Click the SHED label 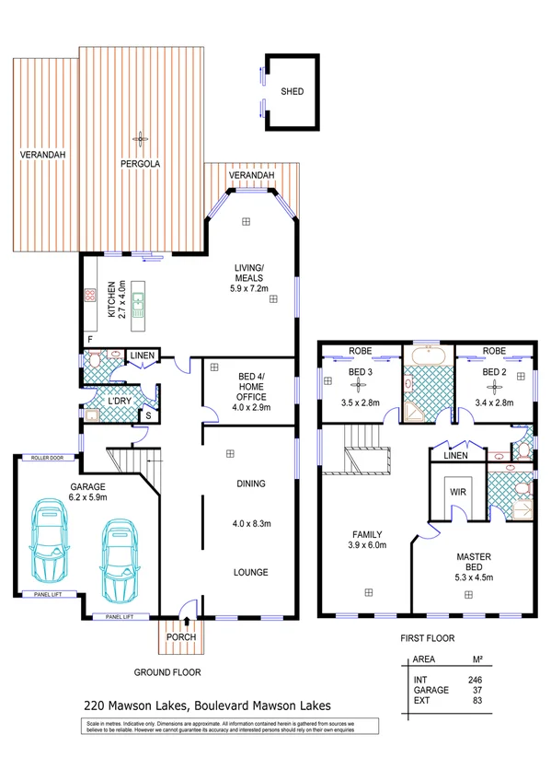(x=293, y=92)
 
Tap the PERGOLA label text (x=141, y=164)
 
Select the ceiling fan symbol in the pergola (x=141, y=139)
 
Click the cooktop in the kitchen (x=91, y=297)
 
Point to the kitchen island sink (x=138, y=300)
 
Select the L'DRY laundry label (x=120, y=403)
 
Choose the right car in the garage (x=118, y=558)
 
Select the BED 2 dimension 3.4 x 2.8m (x=494, y=402)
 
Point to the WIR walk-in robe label (x=456, y=492)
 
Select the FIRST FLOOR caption (x=427, y=637)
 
